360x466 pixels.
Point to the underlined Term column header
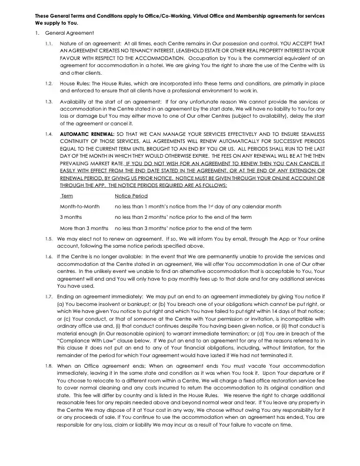coord(66,196)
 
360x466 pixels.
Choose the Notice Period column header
coord(131,196)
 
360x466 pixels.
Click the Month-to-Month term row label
coord(79,207)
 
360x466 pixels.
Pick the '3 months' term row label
coord(71,217)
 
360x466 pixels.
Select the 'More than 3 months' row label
coord(84,228)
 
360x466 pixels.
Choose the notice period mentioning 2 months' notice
coord(183,217)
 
